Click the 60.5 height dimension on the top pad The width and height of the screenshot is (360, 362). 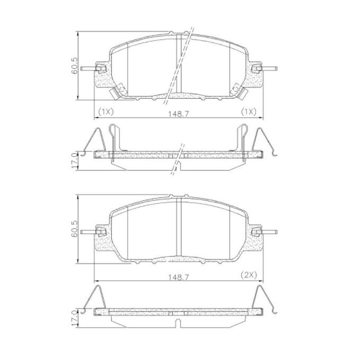[74, 66]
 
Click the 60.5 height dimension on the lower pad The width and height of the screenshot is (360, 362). [74, 229]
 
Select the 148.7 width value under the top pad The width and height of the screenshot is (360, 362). [179, 113]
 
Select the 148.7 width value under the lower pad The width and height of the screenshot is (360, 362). [179, 277]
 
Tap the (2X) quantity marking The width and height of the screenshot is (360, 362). [249, 275]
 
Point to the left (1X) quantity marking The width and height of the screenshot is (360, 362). [106, 112]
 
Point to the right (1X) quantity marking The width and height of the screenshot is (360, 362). [249, 112]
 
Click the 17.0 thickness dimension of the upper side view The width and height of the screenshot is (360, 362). [74, 161]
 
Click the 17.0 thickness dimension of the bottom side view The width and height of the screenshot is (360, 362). [74, 318]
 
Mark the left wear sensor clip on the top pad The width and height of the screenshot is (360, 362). [118, 91]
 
